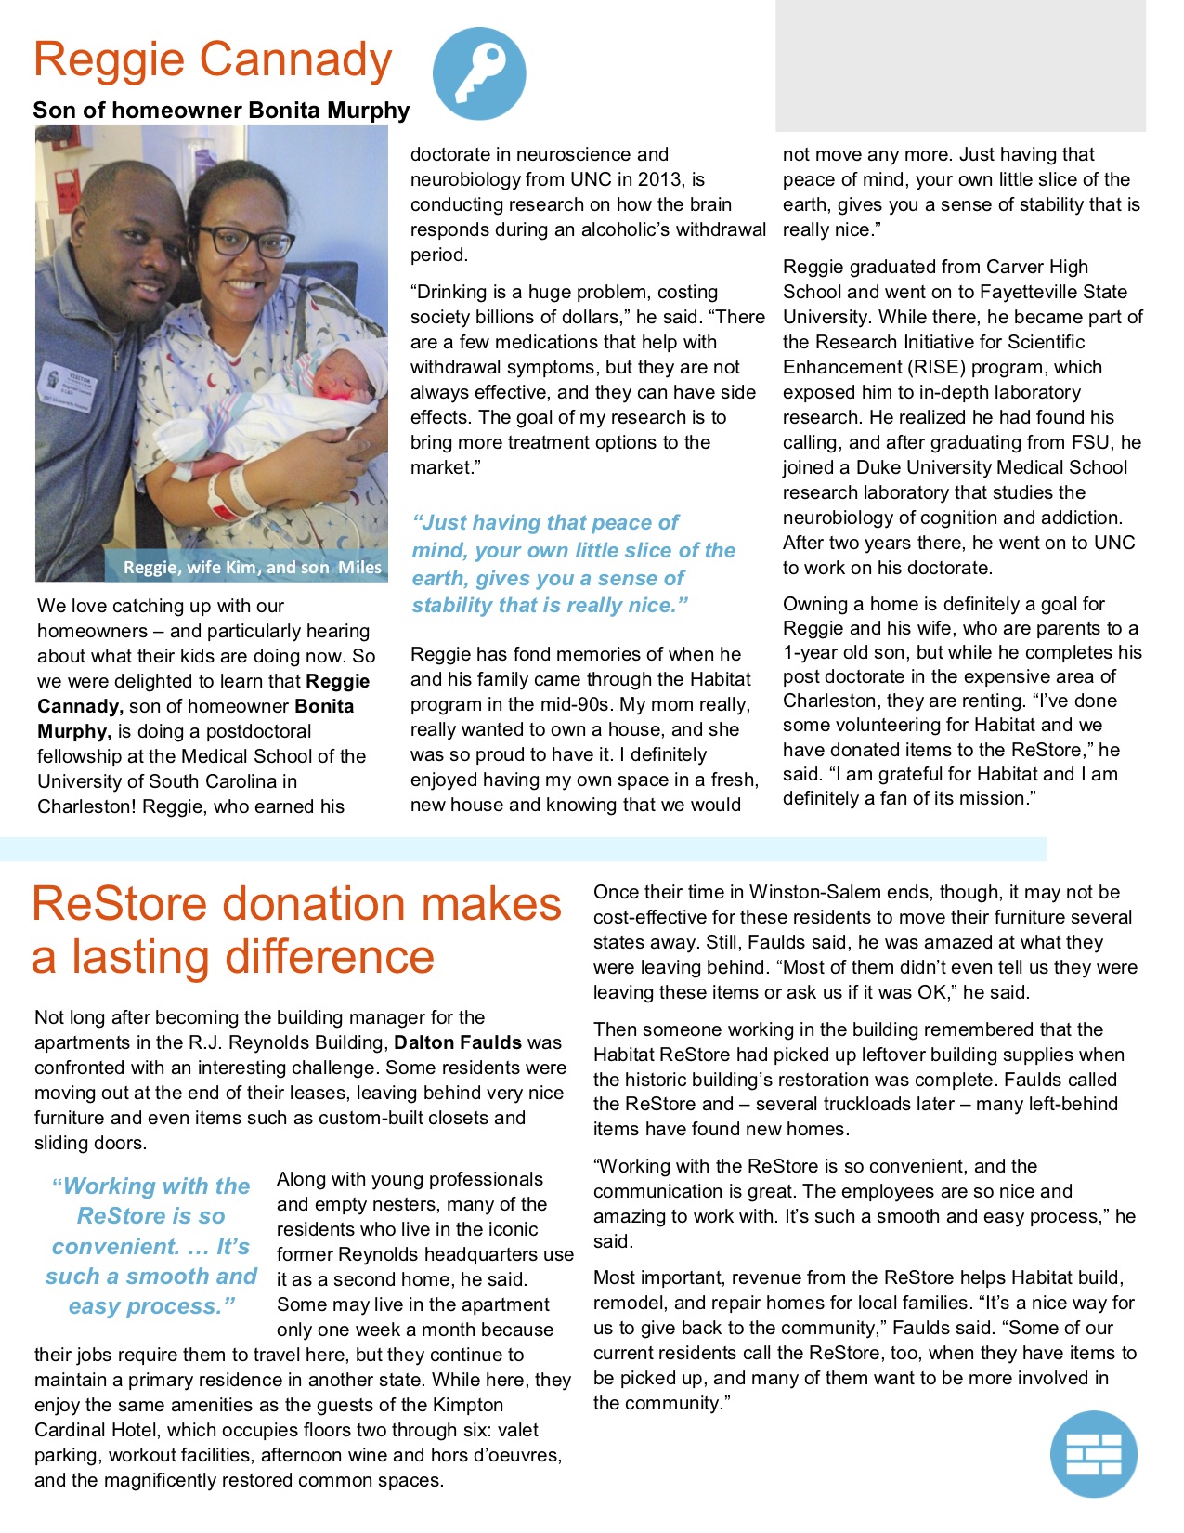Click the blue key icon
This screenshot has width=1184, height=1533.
click(x=479, y=73)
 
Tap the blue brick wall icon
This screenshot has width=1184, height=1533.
click(x=1093, y=1454)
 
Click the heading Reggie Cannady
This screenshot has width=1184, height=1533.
click(x=213, y=59)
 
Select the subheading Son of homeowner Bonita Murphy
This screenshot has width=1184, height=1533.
click(x=221, y=111)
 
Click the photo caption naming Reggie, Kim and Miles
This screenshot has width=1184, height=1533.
click(x=252, y=567)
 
